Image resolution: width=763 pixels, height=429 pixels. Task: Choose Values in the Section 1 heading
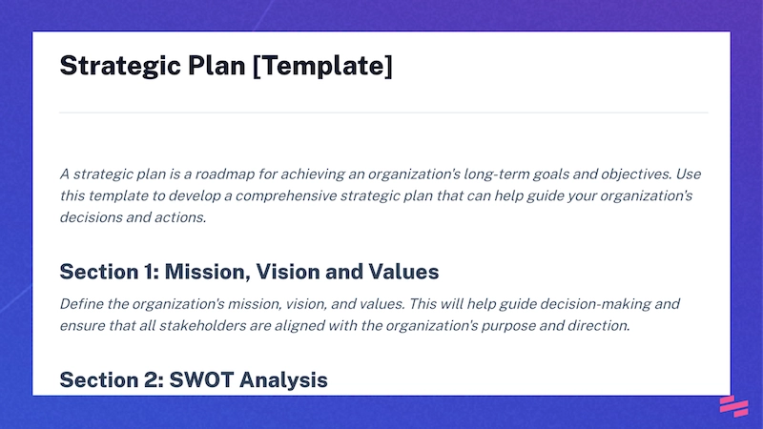point(403,272)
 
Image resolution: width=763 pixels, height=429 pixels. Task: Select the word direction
point(598,325)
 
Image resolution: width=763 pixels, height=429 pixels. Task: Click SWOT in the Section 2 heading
point(198,380)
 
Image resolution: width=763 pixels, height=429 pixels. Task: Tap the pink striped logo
point(732,406)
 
